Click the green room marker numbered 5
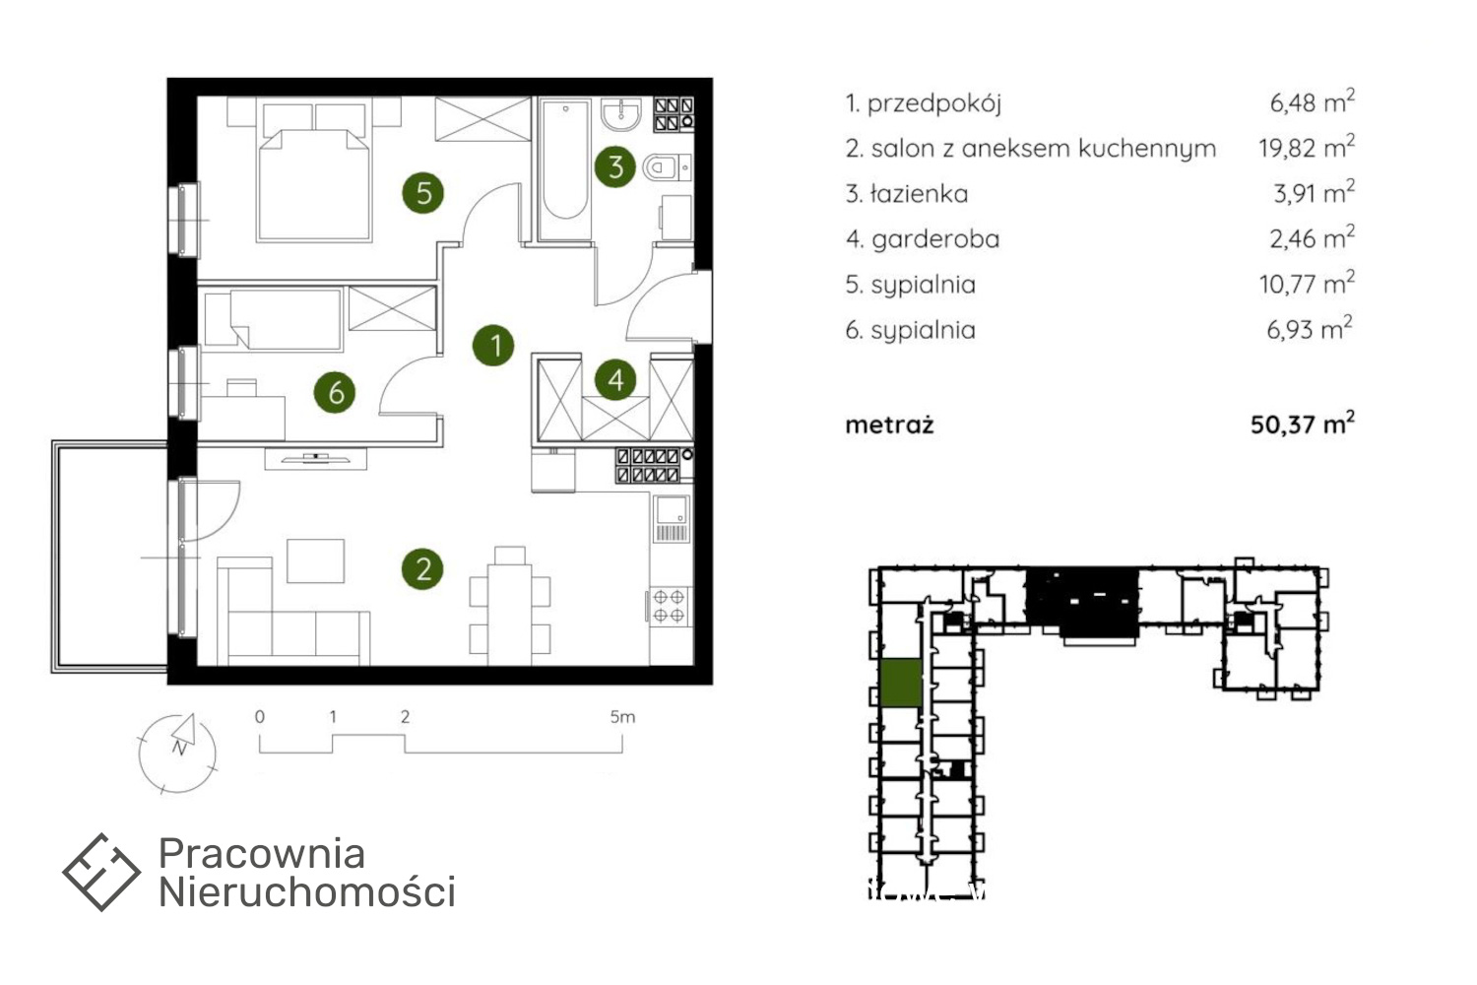(422, 193)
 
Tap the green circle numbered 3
(614, 166)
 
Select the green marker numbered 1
(493, 345)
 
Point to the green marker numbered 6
(335, 393)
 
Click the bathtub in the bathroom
(564, 168)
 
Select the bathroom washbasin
(620, 115)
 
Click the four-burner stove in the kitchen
(670, 607)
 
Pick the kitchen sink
(671, 518)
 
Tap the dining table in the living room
(509, 615)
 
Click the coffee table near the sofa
(315, 560)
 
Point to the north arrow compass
(177, 753)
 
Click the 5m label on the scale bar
(622, 716)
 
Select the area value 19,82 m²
(1307, 147)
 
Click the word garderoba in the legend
(935, 238)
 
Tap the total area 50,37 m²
(1303, 424)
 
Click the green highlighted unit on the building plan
(901, 683)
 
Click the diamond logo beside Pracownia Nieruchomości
(100, 872)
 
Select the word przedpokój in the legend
(934, 103)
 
